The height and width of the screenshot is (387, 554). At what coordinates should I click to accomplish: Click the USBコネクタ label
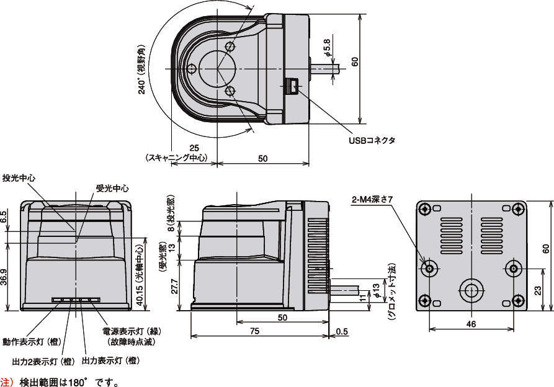[372, 140]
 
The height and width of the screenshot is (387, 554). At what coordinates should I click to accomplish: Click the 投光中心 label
[19, 178]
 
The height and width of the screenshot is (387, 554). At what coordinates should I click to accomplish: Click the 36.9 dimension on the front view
[5, 276]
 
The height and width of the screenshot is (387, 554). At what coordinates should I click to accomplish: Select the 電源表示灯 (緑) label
[129, 331]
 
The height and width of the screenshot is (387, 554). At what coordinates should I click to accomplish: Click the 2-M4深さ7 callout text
[372, 200]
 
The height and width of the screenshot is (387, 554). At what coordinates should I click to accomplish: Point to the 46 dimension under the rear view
[471, 324]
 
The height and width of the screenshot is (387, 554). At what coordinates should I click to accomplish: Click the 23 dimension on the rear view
[536, 290]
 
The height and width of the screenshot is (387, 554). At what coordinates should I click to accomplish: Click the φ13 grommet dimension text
[376, 290]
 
